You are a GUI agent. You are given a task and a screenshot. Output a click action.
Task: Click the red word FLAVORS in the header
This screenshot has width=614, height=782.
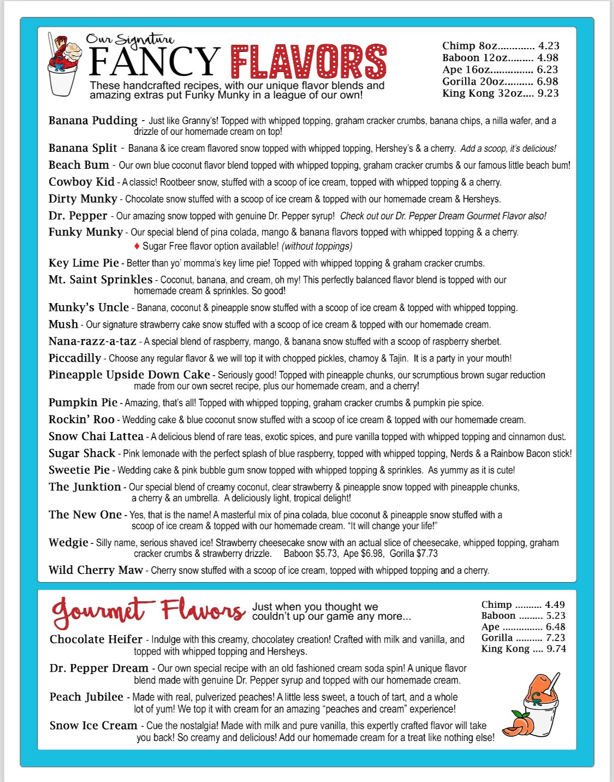tap(308, 61)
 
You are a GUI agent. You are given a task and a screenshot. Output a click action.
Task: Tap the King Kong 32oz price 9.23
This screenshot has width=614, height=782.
tap(548, 93)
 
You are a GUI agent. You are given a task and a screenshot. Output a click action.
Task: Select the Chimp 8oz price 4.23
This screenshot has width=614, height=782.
tap(549, 46)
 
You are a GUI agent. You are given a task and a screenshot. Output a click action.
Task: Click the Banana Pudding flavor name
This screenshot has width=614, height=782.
tap(93, 121)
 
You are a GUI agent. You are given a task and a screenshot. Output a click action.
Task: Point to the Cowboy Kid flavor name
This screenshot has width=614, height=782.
tap(81, 182)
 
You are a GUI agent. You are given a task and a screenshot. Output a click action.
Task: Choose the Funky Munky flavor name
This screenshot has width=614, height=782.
tap(86, 232)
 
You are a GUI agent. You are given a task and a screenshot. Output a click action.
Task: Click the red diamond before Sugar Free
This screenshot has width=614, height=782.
tap(136, 246)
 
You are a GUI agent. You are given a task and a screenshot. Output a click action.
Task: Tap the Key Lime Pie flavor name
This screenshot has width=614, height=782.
tap(84, 263)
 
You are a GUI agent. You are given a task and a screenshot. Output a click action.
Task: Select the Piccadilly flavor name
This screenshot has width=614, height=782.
tap(75, 358)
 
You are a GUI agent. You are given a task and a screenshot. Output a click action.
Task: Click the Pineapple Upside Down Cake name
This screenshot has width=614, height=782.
tap(129, 375)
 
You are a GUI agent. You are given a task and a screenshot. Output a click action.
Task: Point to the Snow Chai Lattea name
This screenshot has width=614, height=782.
tap(96, 436)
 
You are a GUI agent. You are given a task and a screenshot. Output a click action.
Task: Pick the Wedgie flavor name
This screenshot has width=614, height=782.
tap(68, 542)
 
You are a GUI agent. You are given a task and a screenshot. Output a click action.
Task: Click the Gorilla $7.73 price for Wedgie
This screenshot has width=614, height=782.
tap(414, 554)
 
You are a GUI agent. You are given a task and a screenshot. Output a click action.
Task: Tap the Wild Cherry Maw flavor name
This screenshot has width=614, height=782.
tap(96, 570)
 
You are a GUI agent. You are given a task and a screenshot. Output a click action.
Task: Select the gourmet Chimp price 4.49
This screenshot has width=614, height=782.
tap(555, 605)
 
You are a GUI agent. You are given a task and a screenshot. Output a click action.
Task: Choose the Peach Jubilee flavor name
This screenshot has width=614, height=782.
tap(86, 697)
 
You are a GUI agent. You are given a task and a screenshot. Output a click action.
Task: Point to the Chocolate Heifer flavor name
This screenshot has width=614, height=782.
tap(96, 639)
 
